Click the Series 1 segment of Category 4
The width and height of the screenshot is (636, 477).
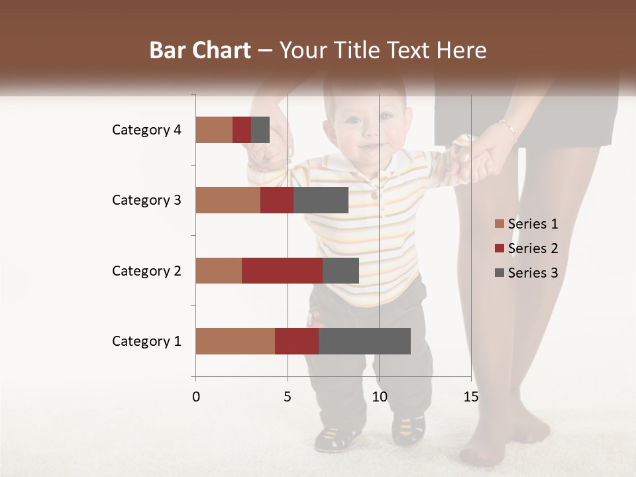214,130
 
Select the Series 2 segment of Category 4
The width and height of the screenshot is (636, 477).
242,130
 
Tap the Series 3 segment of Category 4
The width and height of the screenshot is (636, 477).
260,130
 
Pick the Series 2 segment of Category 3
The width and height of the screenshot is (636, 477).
277,200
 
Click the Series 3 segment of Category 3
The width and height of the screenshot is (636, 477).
321,200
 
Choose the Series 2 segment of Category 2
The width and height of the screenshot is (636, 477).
282,270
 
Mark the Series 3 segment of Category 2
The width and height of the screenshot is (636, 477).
341,270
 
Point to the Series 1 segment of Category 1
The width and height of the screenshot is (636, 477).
235,341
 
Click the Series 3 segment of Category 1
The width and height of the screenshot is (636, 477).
364,341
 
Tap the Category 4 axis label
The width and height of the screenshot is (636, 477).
146,130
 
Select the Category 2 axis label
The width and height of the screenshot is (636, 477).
146,270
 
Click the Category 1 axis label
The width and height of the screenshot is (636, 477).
146,341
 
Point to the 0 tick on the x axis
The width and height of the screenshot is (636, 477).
196,397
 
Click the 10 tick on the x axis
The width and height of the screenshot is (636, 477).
379,397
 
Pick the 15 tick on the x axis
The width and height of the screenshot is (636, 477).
471,397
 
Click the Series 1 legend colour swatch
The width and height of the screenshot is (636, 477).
499,224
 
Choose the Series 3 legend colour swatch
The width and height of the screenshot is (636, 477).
499,273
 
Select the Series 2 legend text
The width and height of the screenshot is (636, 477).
533,248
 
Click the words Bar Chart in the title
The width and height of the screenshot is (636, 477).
199,50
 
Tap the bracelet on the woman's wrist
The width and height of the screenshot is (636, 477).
507,127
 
